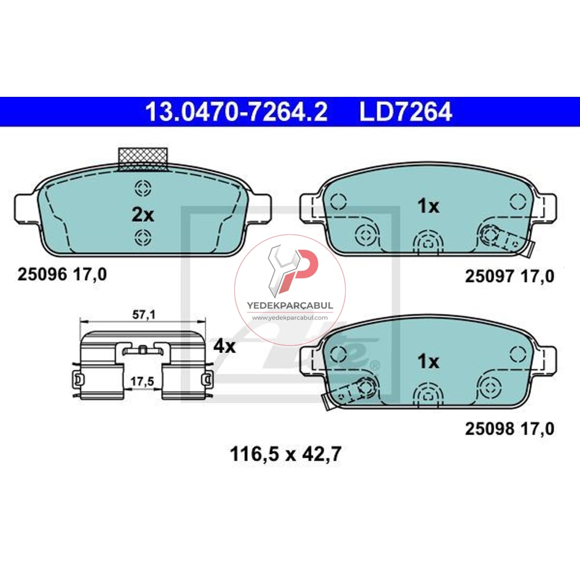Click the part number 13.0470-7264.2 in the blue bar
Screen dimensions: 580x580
(x=236, y=112)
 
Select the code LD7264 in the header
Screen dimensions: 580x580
(x=405, y=112)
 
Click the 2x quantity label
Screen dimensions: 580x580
(x=143, y=215)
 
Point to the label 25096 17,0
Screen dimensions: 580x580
(x=62, y=274)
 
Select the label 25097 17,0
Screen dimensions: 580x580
(x=510, y=277)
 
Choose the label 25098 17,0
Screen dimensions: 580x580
(x=510, y=429)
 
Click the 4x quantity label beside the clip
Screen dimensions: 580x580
(x=224, y=346)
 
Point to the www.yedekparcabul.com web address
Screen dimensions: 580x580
(x=289, y=318)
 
